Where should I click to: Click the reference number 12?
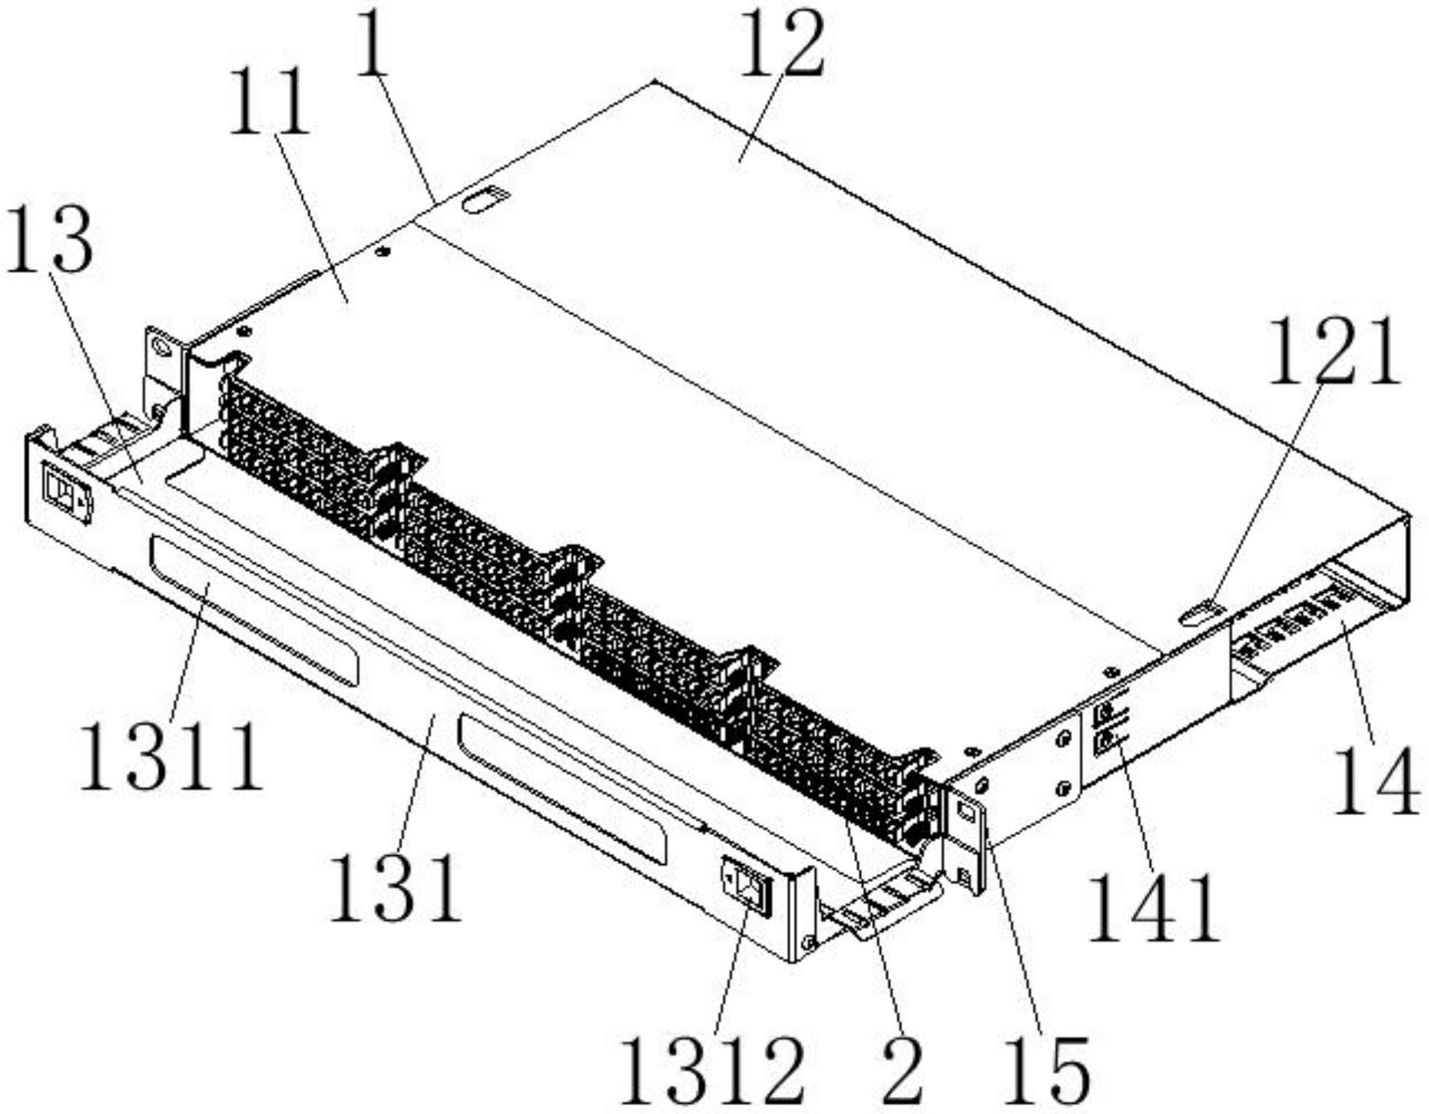781,46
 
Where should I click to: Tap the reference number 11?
268,102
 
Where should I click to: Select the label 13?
49,241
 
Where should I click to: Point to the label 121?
1332,350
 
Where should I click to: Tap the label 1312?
712,1071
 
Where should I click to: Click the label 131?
395,888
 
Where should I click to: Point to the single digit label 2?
902,1071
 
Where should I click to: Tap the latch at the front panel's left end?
66,492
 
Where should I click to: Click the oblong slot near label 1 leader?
486,200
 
